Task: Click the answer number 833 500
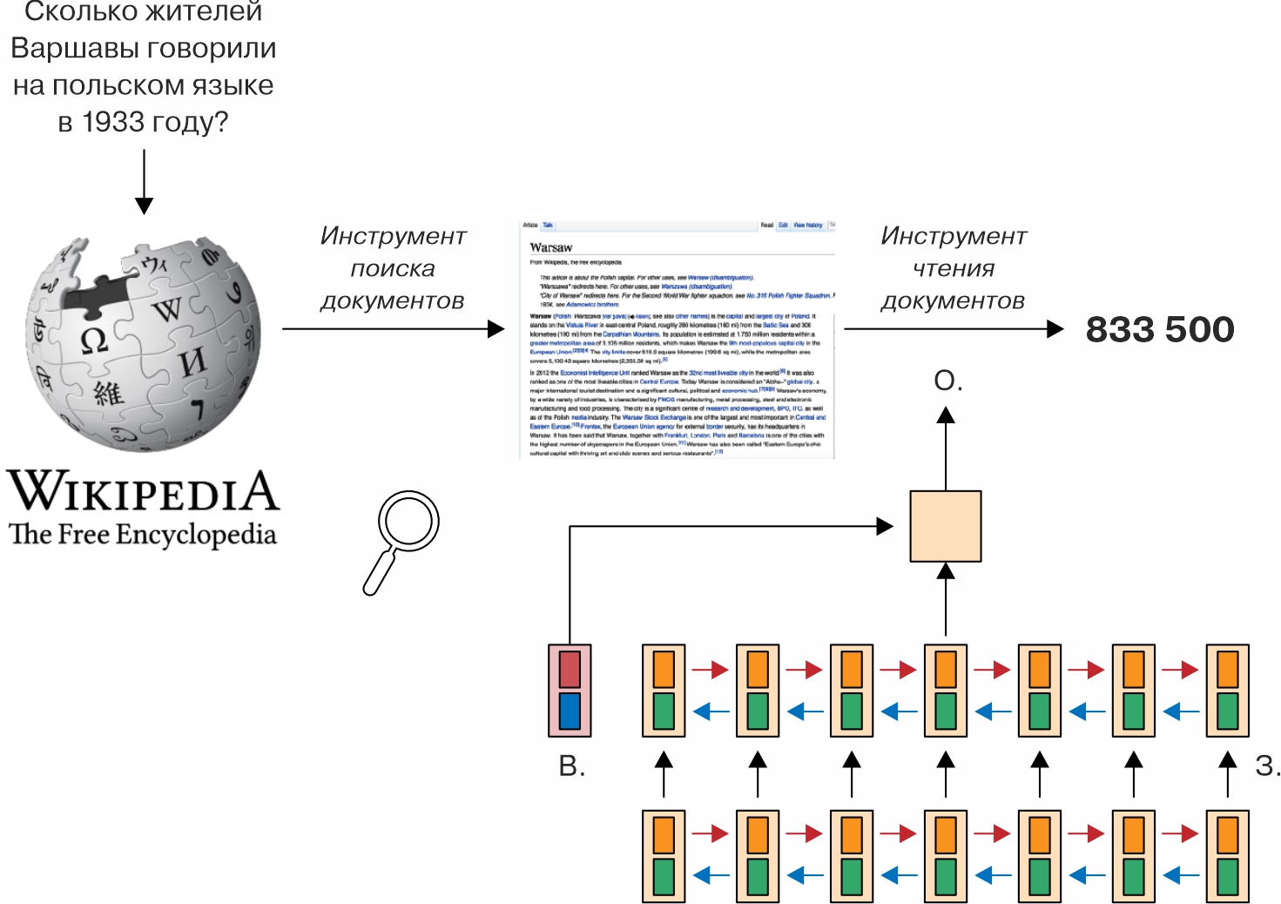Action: click(x=1159, y=329)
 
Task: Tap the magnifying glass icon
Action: click(x=401, y=540)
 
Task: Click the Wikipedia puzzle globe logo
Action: click(x=143, y=339)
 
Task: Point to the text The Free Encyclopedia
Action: click(x=143, y=534)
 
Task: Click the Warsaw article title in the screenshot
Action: click(x=550, y=247)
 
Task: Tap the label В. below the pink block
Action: click(x=571, y=766)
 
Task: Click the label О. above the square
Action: click(x=947, y=381)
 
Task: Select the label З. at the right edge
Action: click(x=1266, y=766)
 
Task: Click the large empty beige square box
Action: click(x=946, y=526)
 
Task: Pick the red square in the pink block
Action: click(x=570, y=669)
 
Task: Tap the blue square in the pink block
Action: click(x=570, y=711)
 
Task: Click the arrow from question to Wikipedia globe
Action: click(x=145, y=181)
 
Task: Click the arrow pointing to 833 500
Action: click(x=954, y=329)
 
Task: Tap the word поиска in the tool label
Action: click(x=393, y=268)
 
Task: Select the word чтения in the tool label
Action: click(x=954, y=268)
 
